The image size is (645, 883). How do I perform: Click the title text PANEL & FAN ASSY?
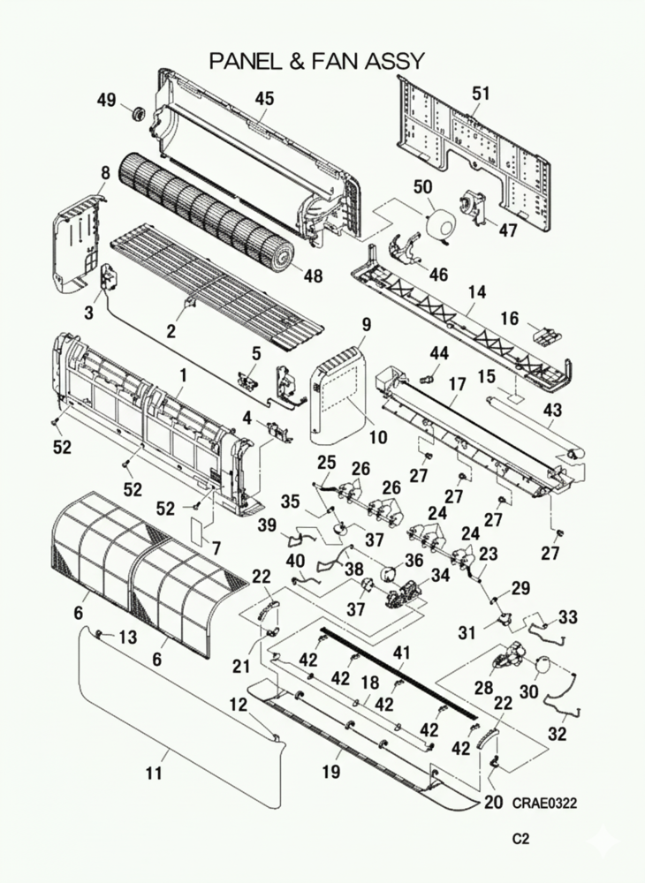[x=317, y=61]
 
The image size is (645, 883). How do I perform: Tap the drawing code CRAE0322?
[x=543, y=803]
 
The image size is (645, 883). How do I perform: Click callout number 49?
[x=107, y=101]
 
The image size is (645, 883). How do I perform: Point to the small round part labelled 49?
[x=137, y=112]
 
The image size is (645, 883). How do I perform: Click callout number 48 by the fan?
[x=313, y=276]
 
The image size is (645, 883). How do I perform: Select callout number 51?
[x=481, y=93]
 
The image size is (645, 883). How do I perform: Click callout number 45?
[x=265, y=99]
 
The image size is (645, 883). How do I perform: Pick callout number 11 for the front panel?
[x=154, y=774]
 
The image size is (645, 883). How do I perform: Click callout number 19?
[x=330, y=773]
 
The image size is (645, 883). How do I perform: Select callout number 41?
[x=402, y=653]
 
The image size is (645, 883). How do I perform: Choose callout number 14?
[x=477, y=291]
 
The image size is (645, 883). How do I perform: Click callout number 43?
[x=552, y=411]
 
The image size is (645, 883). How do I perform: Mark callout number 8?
[x=105, y=172]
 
